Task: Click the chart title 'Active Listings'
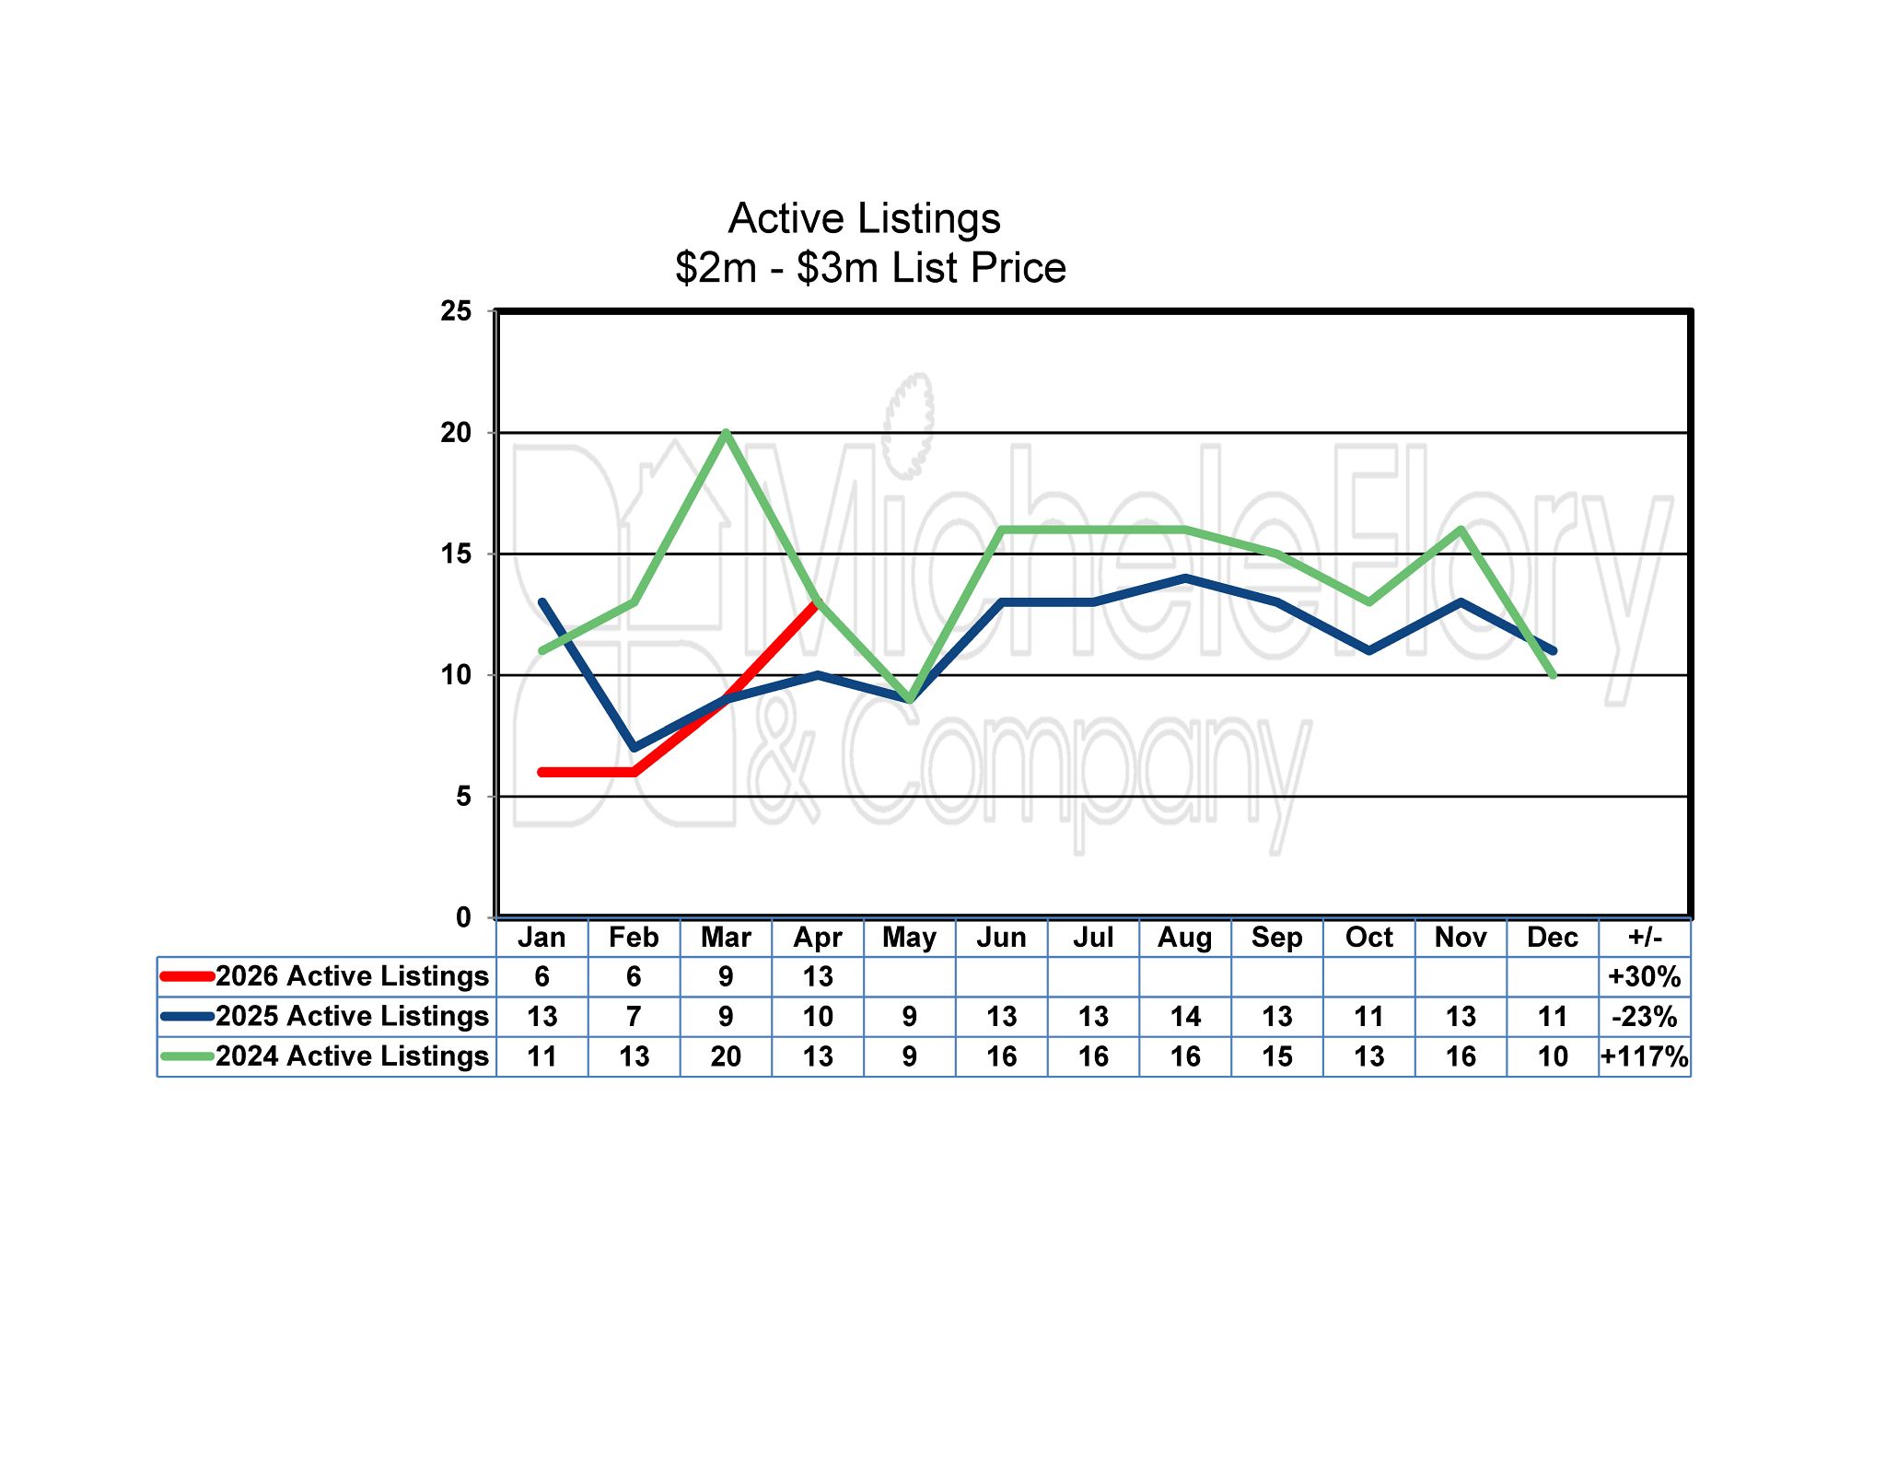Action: pos(864,219)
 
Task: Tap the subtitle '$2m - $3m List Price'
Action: pos(870,268)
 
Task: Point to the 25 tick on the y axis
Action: pos(456,311)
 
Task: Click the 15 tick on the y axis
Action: pos(456,554)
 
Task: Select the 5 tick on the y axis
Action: pos(463,796)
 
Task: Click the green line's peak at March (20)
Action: pos(727,433)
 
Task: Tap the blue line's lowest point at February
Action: pos(634,747)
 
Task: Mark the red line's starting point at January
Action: pos(542,772)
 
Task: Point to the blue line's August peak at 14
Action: pos(1185,578)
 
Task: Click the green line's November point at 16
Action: pos(1461,530)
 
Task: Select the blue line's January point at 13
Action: pos(542,602)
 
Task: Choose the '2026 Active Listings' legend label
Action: pos(352,976)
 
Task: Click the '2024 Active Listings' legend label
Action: pos(352,1056)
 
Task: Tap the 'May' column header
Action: pos(909,938)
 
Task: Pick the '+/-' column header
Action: pos(1645,938)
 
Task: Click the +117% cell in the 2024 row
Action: pos(1645,1056)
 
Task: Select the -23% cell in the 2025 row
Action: pos(1645,1017)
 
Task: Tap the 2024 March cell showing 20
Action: pos(726,1056)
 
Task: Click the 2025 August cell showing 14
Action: pos(1185,1017)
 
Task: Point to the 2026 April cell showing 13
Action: pos(818,976)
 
